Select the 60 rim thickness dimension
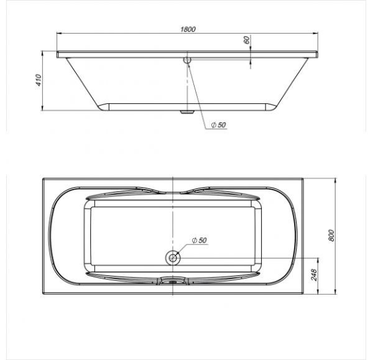tap(247, 39)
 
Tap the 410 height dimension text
tap(38, 80)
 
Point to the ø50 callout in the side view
tap(218, 126)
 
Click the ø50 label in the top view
tap(199, 240)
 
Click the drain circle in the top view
tap(172, 257)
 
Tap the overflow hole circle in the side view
tap(186, 60)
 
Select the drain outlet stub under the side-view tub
tap(185, 113)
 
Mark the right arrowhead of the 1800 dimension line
tap(318, 34)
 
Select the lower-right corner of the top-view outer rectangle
tap(302, 291)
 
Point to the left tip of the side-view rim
tap(57, 55)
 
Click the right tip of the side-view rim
tap(320, 55)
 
